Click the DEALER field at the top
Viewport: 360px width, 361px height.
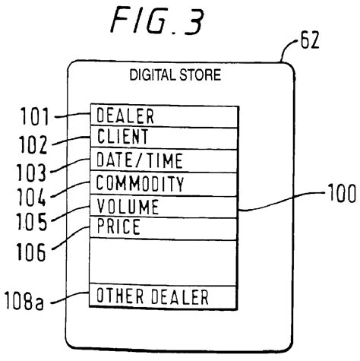click(x=163, y=116)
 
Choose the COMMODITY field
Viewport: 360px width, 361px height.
click(x=163, y=184)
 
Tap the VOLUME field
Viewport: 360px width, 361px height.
click(x=163, y=206)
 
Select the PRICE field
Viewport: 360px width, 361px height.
click(x=163, y=226)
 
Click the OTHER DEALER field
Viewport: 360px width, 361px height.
click(x=163, y=296)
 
